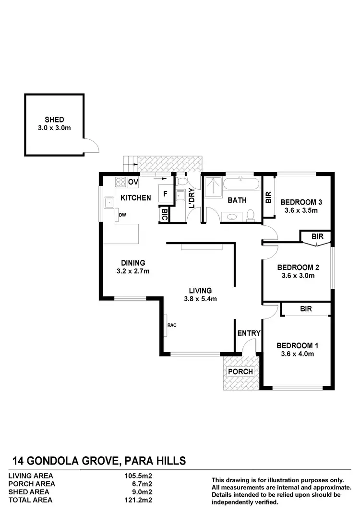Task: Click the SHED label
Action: click(x=54, y=120)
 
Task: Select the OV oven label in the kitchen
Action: click(x=133, y=182)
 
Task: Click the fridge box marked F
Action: click(x=165, y=195)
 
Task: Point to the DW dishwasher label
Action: click(x=122, y=215)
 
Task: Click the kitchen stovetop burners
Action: click(x=120, y=183)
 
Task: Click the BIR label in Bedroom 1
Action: click(x=306, y=309)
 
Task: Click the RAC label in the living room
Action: click(x=172, y=325)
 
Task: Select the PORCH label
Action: click(x=240, y=371)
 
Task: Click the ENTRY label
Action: click(x=249, y=333)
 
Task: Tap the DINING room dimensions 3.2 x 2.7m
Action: click(x=133, y=271)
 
